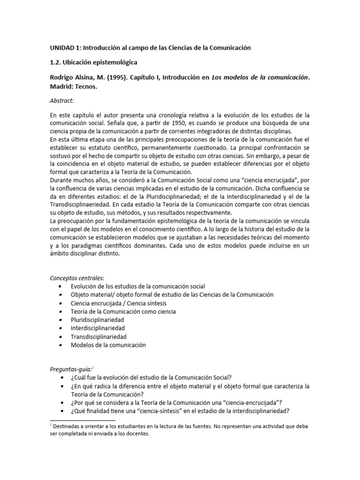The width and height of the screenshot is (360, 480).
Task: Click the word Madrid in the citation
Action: (62, 87)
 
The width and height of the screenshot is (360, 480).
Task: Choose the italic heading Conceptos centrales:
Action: (77, 277)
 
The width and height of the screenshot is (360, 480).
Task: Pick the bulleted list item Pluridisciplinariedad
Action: (97, 320)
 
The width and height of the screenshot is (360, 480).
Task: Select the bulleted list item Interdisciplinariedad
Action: (98, 328)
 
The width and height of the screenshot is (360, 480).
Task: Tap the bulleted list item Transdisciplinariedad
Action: (99, 337)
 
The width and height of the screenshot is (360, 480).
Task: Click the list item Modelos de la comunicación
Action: (108, 345)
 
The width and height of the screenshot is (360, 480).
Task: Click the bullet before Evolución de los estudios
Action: (60, 286)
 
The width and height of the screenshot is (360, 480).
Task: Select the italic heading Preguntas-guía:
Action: (72, 369)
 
